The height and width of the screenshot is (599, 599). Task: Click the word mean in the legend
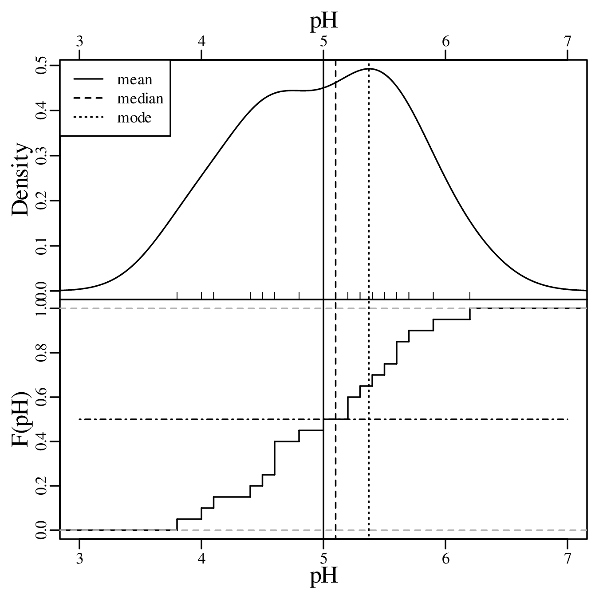(134, 80)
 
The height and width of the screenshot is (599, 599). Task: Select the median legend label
(140, 99)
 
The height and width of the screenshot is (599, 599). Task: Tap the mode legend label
(134, 118)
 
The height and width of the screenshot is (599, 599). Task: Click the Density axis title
(21, 180)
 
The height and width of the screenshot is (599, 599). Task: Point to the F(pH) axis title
(21, 419)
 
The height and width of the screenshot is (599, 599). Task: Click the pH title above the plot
(323, 21)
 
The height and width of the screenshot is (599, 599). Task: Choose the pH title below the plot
(323, 576)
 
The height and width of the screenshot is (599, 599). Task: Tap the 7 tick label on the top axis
(567, 41)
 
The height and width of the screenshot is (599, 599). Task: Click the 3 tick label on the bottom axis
(79, 558)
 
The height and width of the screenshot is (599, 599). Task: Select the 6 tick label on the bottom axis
(445, 558)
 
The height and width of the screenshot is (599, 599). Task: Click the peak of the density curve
(369, 69)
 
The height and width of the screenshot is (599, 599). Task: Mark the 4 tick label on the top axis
(201, 41)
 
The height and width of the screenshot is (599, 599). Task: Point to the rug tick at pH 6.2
(470, 296)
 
